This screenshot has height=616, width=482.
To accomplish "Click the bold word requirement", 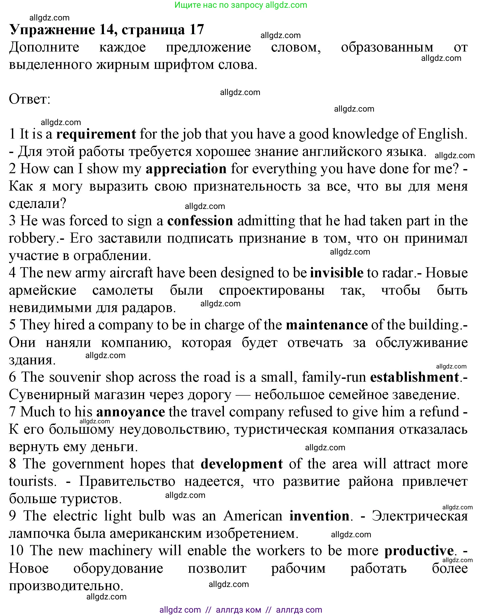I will pos(96,134).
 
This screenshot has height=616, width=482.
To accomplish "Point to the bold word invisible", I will pos(336,273).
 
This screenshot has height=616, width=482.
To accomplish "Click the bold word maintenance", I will pos(327,325).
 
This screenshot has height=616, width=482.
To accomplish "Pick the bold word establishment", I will pos(414,377).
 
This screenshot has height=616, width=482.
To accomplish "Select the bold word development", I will pos(242,464).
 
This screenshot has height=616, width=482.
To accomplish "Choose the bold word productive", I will pos(419,551).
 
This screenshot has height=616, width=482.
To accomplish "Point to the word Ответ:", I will pos(30,99).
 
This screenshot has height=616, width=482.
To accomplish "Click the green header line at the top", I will pos(241,5).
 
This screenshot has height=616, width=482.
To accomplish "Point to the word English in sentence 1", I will pos(441,134).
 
